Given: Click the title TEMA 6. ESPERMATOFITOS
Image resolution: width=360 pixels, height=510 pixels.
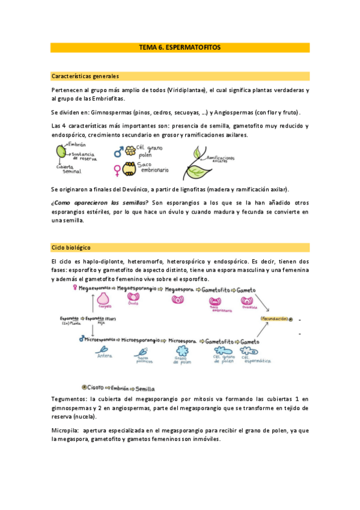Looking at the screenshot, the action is click(180, 47).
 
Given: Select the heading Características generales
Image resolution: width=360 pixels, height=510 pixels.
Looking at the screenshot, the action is click(85, 76).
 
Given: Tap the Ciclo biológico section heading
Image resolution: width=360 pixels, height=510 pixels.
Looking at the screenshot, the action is click(71, 247).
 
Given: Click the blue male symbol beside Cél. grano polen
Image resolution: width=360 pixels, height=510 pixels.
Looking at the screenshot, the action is click(118, 153).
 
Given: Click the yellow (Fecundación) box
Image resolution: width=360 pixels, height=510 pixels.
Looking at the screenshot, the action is click(273, 318).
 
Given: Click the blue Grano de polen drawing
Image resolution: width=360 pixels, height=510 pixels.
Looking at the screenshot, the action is click(182, 349).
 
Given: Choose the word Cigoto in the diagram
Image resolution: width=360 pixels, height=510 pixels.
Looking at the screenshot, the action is click(96, 388).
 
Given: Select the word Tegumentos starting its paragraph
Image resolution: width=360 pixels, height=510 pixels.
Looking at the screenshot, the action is click(69, 399).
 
